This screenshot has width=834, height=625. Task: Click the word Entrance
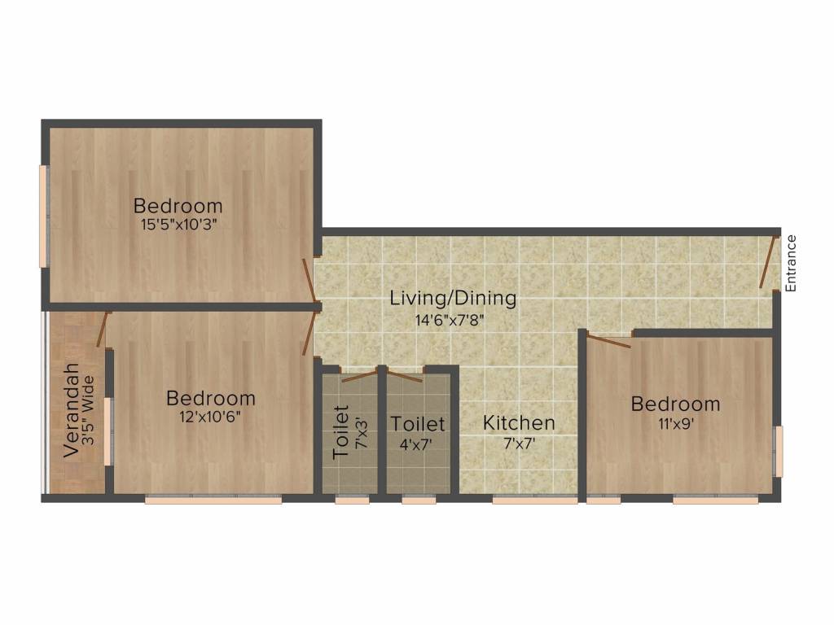tap(790, 263)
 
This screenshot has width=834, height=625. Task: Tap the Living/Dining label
tap(453, 298)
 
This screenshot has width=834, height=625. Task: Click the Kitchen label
tap(519, 423)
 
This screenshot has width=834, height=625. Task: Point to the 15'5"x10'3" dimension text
tap(178, 224)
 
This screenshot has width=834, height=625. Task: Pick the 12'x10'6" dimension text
tap(211, 417)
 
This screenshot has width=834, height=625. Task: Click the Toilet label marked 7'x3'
tap(341, 431)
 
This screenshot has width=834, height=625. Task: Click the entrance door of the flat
tap(768, 262)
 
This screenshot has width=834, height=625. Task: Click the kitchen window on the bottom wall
tap(524, 500)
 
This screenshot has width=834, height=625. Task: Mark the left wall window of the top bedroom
tap(45, 215)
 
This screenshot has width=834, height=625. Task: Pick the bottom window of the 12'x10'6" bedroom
tap(213, 500)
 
